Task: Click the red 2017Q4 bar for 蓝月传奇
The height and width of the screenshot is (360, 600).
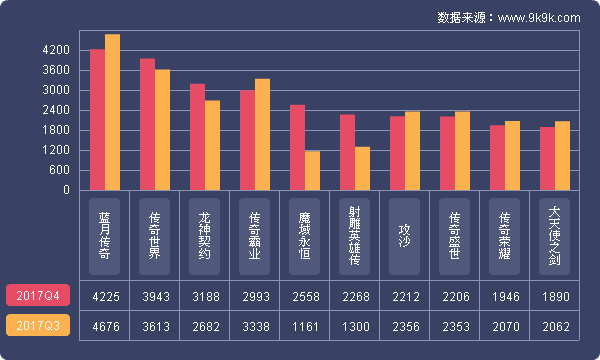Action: pos(97,120)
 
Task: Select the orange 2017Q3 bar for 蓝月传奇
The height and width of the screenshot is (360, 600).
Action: pos(112,112)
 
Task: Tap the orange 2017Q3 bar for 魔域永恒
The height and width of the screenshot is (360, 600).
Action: pos(312,170)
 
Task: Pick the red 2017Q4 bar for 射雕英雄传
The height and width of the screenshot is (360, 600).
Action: pos(347,152)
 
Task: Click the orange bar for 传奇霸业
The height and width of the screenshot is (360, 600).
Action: pos(262,134)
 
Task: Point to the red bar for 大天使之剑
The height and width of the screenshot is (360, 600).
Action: pos(547,158)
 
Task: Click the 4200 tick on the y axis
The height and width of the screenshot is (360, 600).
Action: pos(56,50)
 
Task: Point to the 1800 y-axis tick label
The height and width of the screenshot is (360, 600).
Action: pos(56,130)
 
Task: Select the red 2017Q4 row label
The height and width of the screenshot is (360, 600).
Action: pos(38,296)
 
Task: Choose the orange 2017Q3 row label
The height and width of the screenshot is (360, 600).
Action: pos(38,326)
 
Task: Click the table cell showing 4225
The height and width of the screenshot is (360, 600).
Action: pos(105,296)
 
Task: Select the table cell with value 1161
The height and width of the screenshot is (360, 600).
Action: pos(305,326)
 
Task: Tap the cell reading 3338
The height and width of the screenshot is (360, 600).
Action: pos(255,326)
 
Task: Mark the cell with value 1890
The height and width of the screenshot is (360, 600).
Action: pos(555,296)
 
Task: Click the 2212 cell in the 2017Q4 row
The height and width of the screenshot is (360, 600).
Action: pos(405,296)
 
